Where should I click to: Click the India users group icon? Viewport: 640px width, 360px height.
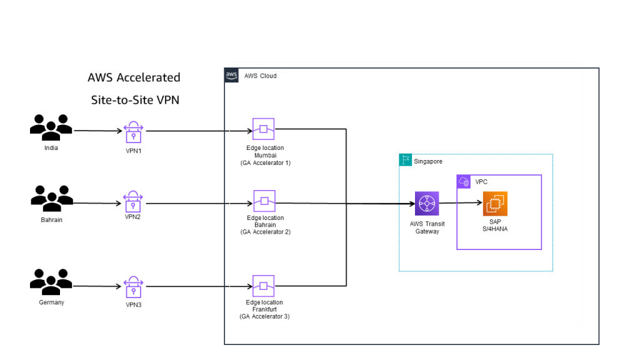(51, 127)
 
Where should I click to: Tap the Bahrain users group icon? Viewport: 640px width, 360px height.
(51, 199)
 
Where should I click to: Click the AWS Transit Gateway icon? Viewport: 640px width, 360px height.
(427, 204)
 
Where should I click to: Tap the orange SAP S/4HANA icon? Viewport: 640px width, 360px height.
(494, 203)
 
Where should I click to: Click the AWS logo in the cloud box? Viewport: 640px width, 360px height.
(231, 75)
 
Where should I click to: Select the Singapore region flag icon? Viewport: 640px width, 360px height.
(405, 161)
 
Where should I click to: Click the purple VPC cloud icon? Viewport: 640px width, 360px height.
(464, 181)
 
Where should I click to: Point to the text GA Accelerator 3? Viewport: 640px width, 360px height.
(264, 316)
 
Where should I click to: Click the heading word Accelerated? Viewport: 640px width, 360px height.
(149, 77)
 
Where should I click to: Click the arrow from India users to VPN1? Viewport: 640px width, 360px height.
(97, 131)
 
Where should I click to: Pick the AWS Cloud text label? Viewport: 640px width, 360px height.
(260, 76)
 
